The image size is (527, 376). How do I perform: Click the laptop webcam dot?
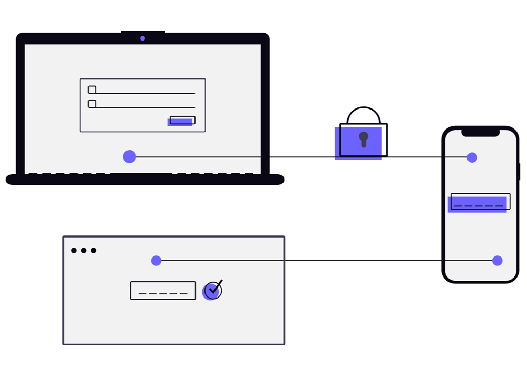click(142, 38)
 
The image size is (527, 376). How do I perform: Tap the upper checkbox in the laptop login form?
click(92, 90)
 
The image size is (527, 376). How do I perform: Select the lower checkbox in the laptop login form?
click(92, 104)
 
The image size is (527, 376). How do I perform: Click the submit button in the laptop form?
click(182, 121)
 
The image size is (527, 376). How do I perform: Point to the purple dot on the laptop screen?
click(130, 156)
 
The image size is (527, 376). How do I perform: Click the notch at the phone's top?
click(480, 132)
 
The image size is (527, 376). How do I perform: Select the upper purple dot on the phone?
click(472, 157)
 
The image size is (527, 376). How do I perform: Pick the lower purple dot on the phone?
click(497, 260)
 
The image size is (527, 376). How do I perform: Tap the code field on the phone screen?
click(480, 202)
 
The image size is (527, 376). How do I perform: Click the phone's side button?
click(519, 172)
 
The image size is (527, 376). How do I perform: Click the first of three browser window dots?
click(74, 250)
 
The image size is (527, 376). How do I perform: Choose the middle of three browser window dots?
click(84, 250)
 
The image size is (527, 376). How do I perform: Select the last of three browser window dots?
click(93, 250)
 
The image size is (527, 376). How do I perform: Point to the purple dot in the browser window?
click(156, 260)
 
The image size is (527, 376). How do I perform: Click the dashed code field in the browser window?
click(163, 291)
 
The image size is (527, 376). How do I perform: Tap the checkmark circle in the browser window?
click(212, 290)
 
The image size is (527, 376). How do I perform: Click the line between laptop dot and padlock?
click(232, 157)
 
